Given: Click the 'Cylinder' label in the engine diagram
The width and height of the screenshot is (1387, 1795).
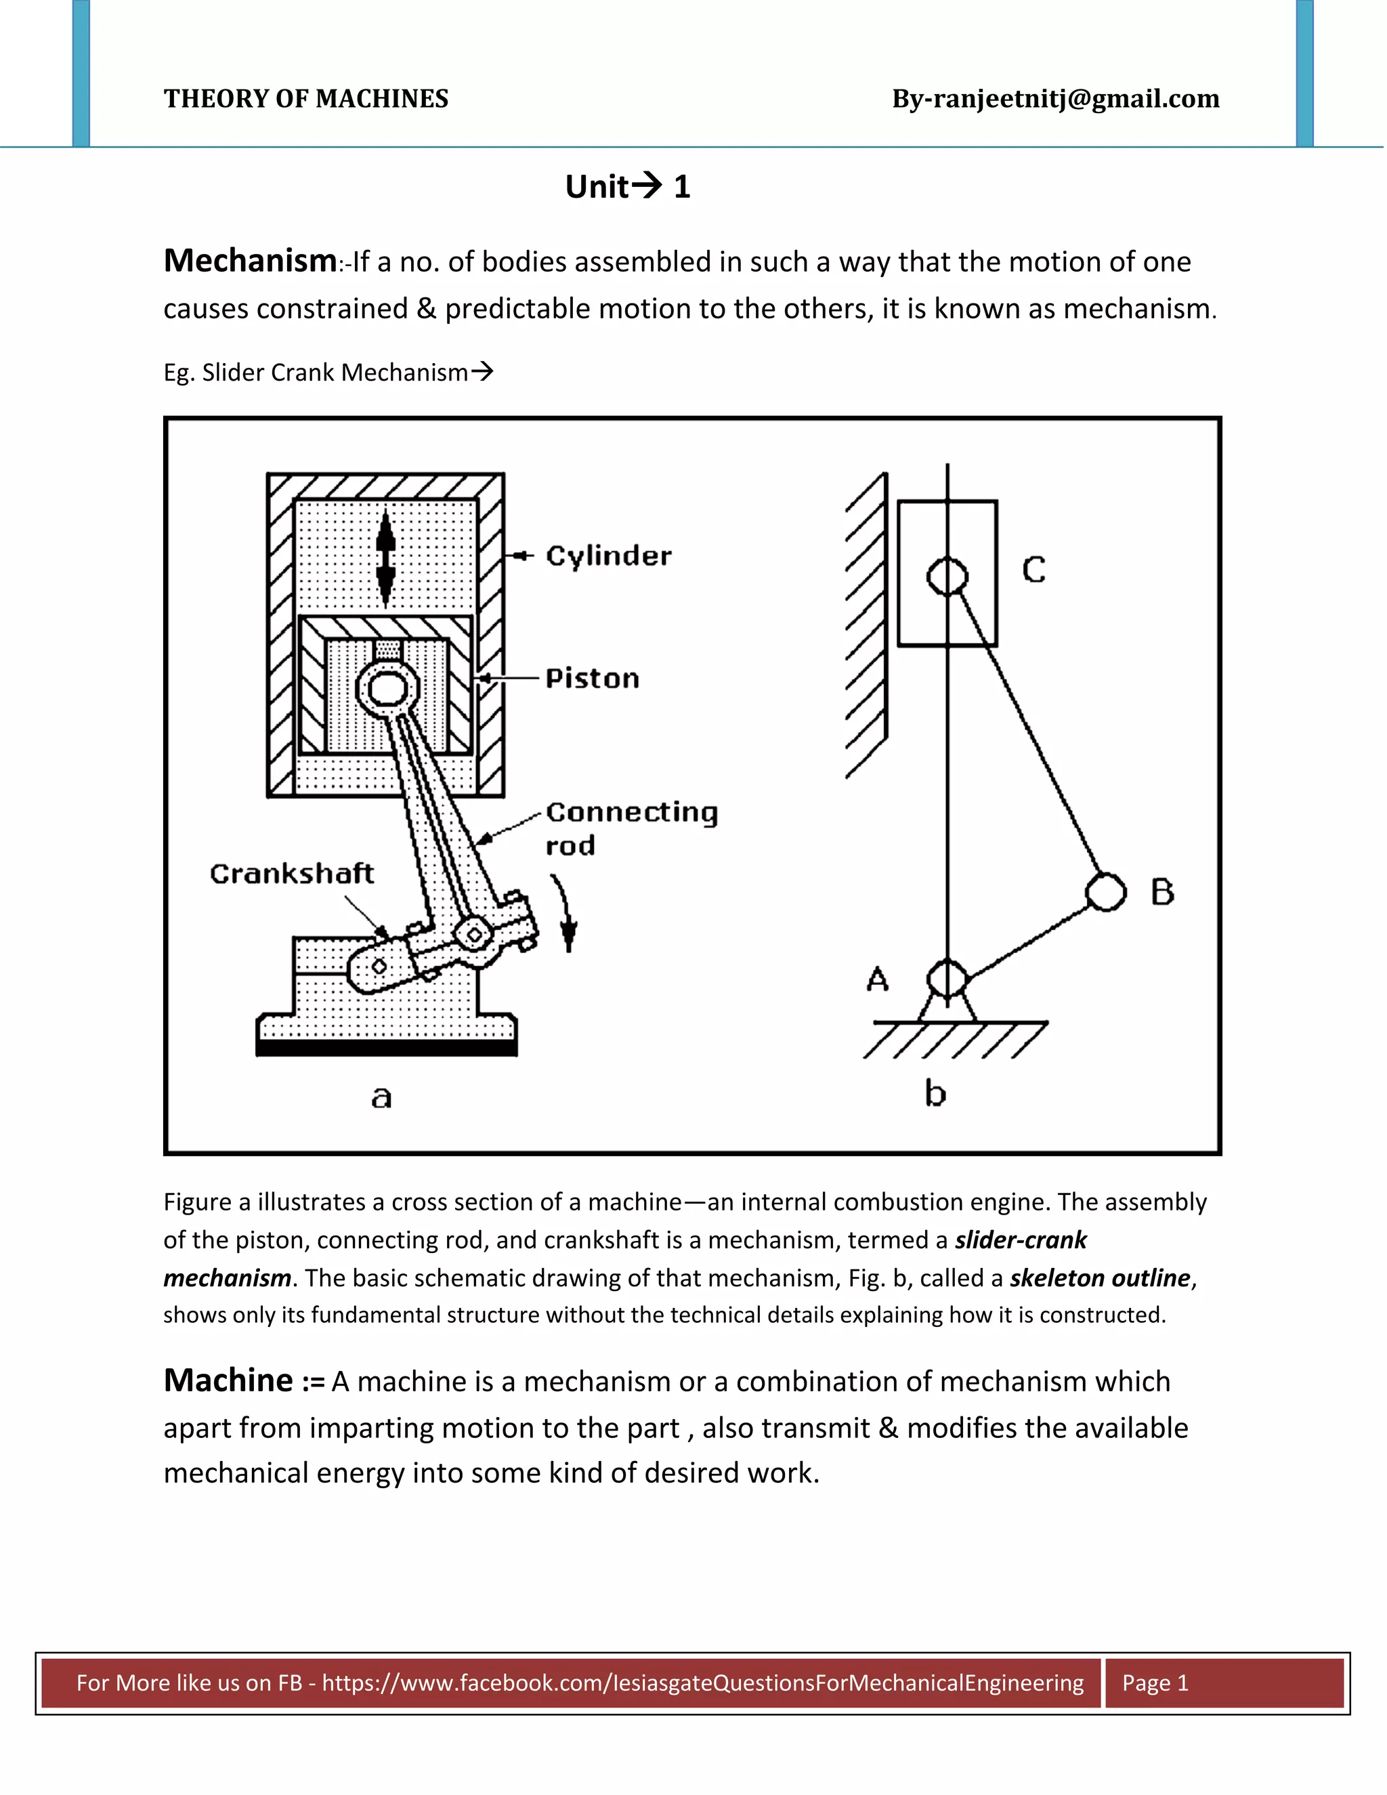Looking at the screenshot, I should click(608, 556).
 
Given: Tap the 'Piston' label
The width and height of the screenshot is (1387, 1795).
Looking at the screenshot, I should click(592, 679).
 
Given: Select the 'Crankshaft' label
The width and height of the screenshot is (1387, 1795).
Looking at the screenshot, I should click(292, 873).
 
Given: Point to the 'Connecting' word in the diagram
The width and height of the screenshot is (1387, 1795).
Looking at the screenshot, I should click(631, 812).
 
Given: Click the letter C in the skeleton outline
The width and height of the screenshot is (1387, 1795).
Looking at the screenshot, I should click(1033, 570).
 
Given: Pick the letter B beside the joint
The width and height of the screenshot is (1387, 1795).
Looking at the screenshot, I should click(1162, 892).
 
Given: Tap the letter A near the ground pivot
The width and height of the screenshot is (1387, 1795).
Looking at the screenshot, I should click(878, 979).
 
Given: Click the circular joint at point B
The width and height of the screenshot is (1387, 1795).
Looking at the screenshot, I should click(1106, 892).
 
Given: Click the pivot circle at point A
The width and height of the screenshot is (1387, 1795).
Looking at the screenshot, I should click(947, 979).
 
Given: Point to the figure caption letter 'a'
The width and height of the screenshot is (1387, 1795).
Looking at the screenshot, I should click(381, 1097).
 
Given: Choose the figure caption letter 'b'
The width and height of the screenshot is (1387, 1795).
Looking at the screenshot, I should click(935, 1094).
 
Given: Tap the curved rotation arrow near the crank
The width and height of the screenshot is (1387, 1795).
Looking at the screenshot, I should click(566, 912).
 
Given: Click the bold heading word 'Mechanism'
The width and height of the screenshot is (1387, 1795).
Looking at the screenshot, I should click(250, 261).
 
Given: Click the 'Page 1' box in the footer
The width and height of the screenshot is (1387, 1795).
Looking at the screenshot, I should click(1155, 1683).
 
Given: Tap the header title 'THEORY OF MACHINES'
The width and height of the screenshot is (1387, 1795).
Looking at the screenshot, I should click(305, 99).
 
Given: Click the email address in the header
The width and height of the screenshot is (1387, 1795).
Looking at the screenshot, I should click(1055, 99).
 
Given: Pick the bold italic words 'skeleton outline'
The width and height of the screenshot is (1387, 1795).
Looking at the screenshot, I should click(1099, 1277).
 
